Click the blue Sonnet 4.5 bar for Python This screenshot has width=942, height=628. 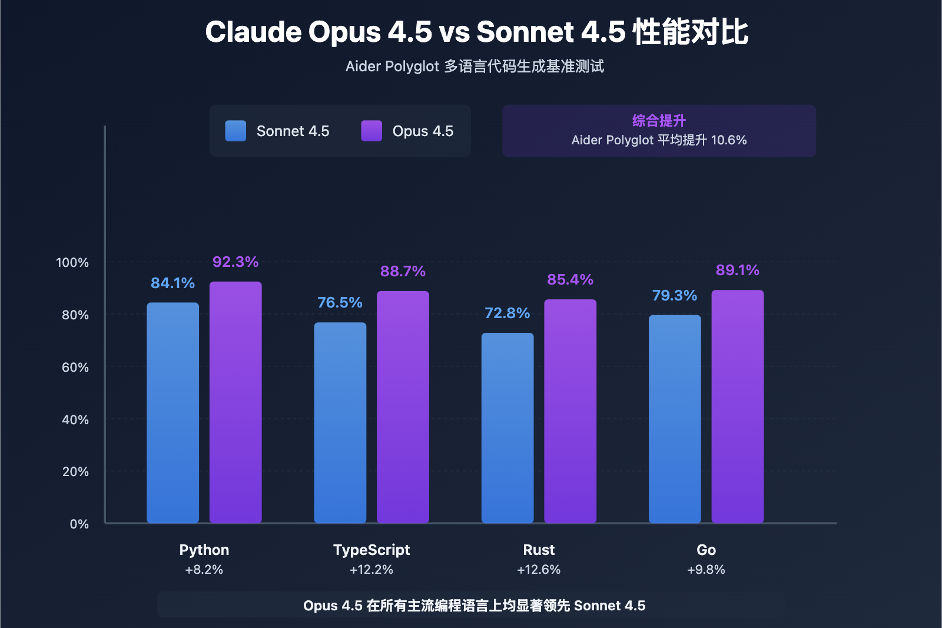(173, 412)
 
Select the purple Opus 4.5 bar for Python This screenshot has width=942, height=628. (235, 402)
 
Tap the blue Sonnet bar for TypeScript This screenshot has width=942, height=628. (340, 422)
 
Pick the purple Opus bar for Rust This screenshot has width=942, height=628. (570, 411)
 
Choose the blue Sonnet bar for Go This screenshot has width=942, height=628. (675, 419)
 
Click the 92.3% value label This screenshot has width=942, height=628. (235, 262)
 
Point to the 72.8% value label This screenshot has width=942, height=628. (507, 313)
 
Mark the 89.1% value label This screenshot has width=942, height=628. (737, 270)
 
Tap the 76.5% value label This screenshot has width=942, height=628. (340, 302)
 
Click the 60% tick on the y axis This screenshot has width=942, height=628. (75, 368)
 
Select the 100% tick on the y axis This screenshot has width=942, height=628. (72, 263)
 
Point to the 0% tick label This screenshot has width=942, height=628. (79, 524)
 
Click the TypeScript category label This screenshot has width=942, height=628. (372, 550)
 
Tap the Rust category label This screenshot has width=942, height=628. (539, 550)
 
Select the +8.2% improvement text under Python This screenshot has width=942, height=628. (204, 570)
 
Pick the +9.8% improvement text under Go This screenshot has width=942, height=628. (706, 570)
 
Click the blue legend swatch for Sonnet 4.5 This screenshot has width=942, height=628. (235, 131)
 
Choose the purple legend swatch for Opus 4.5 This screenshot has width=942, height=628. (372, 131)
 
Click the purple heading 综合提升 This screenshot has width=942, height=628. (659, 121)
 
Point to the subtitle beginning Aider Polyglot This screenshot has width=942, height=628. (475, 66)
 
